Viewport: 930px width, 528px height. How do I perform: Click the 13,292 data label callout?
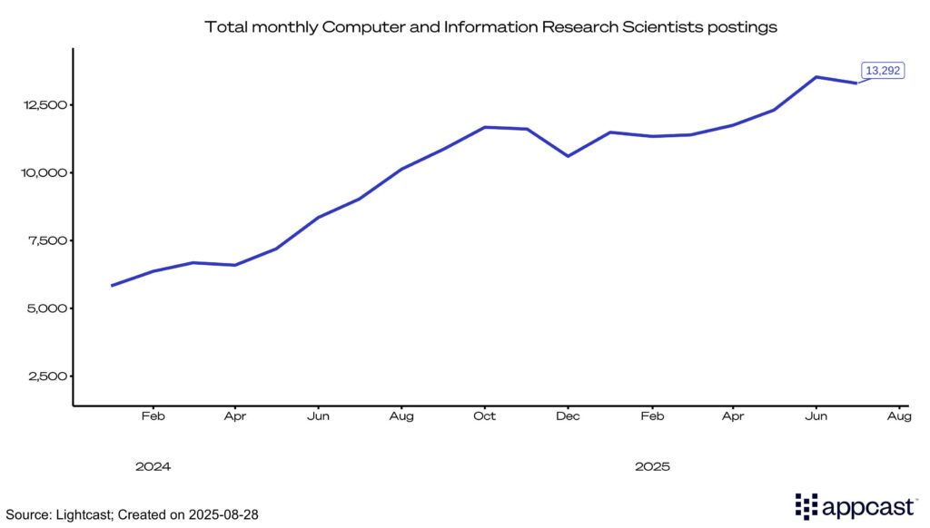point(881,71)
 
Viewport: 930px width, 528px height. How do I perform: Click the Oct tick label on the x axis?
point(485,416)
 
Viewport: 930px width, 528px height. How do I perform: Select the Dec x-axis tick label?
point(568,416)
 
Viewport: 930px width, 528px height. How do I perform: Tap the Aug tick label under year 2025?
point(899,416)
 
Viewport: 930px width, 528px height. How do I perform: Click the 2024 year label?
point(153,466)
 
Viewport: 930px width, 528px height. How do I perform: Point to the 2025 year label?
point(652,466)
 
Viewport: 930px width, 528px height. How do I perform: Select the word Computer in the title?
point(360,27)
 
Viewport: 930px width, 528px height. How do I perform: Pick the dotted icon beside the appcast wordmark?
point(806,506)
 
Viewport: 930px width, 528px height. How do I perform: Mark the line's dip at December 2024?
point(568,156)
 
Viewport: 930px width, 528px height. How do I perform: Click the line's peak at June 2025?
point(816,77)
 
